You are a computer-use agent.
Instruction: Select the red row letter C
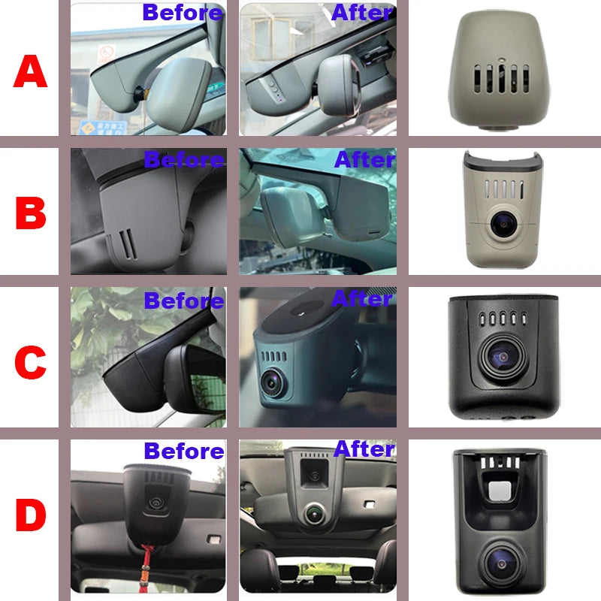coord(30,362)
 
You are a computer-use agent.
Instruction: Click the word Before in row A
coord(183,13)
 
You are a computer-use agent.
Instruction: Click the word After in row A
coord(362,13)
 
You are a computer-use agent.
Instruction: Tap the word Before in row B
coord(184,159)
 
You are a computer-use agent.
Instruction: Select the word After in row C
coord(362,298)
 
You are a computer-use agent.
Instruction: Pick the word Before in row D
coord(184,451)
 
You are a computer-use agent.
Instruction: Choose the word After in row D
coord(364,448)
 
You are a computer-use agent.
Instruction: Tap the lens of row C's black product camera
coord(503,358)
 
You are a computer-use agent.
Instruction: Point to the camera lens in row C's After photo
coord(272,382)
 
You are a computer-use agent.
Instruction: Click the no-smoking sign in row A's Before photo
coord(107,53)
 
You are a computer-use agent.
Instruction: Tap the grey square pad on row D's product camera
coord(500,491)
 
